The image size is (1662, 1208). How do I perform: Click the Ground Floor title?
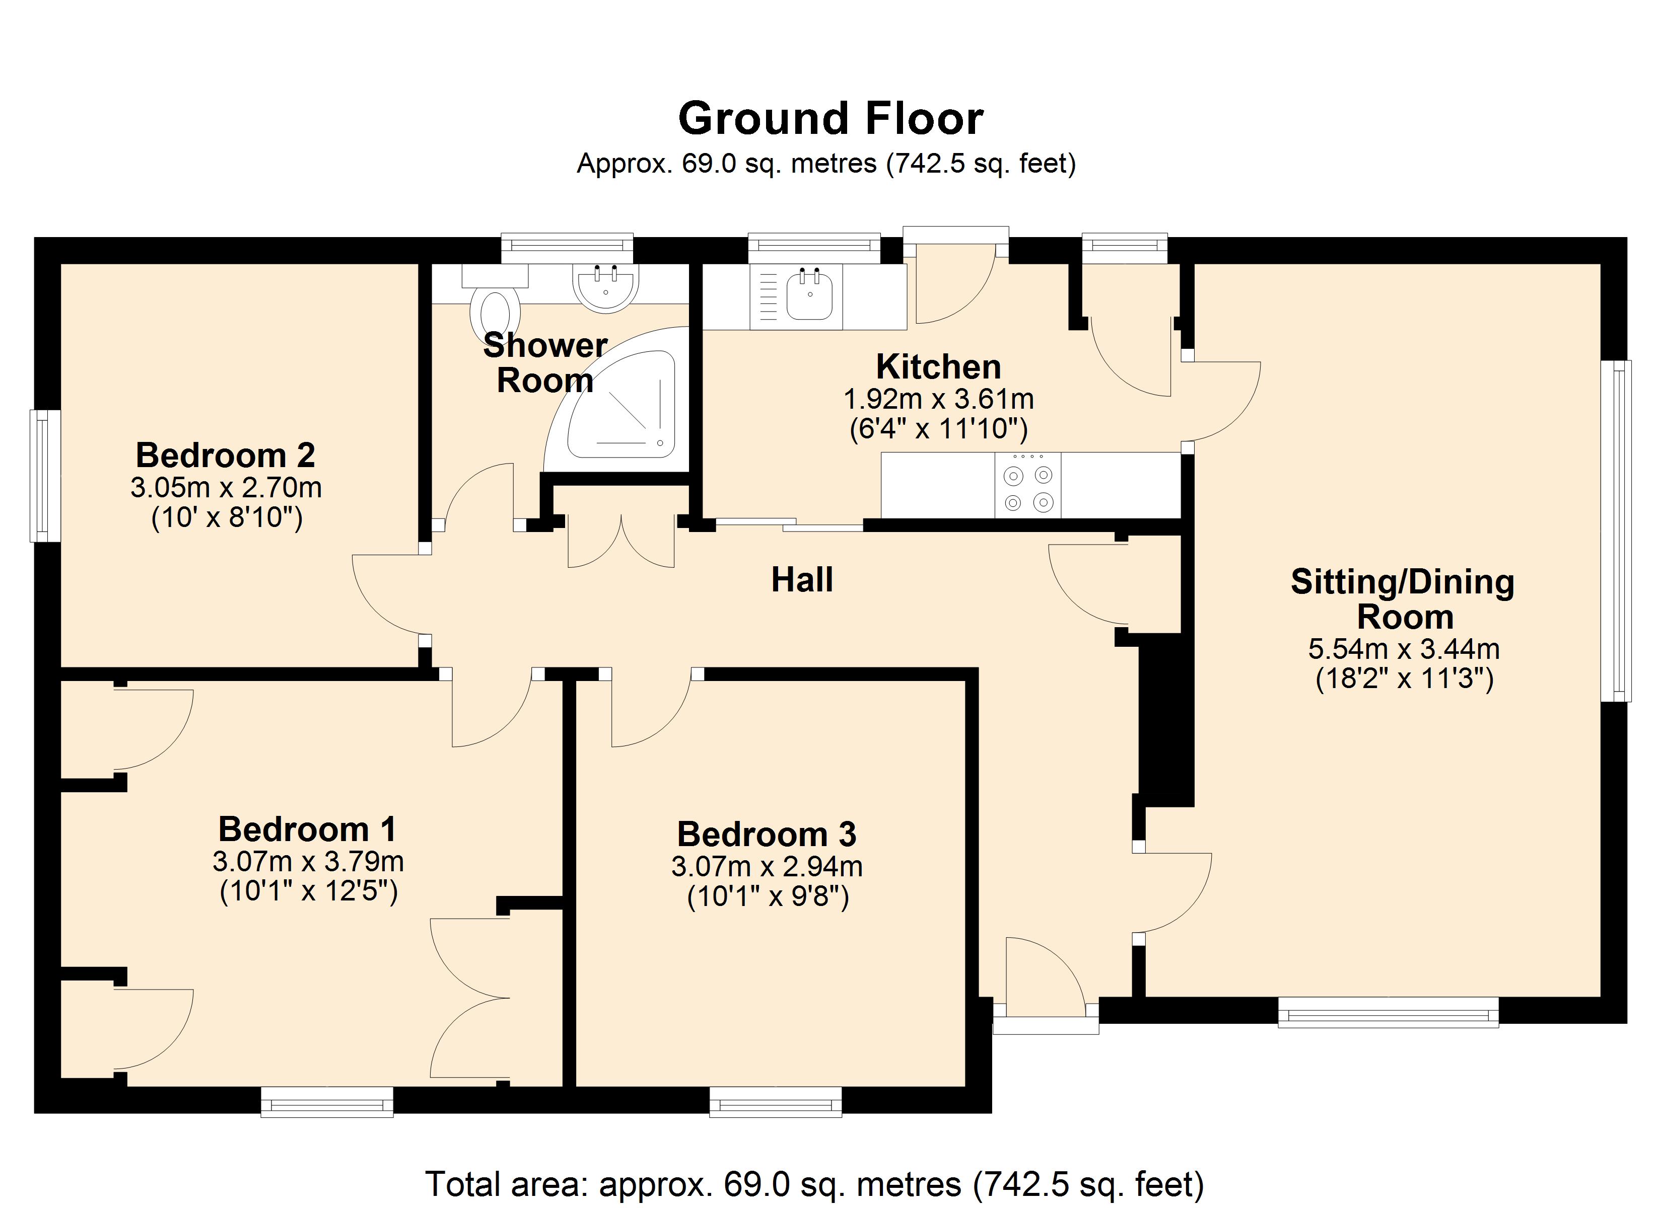(830, 119)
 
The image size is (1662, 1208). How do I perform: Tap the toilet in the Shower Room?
(496, 312)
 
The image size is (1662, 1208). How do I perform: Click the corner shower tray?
(623, 410)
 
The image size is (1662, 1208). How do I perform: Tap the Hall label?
(802, 580)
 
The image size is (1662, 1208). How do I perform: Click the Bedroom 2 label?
(225, 456)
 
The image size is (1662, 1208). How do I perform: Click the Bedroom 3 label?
(767, 835)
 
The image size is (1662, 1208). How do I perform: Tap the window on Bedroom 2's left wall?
(45, 476)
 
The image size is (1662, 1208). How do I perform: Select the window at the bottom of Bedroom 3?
(775, 1102)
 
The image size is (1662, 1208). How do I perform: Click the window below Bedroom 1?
(327, 1102)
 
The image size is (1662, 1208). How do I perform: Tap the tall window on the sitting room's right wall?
(1615, 531)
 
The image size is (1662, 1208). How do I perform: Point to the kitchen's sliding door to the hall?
(789, 524)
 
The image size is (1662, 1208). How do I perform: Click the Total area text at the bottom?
(814, 1184)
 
